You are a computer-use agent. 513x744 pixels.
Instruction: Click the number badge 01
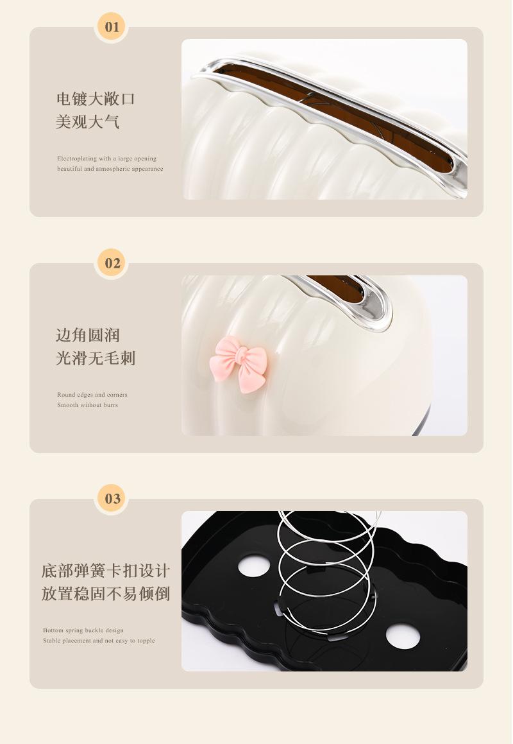(112, 27)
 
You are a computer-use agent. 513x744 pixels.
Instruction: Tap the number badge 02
(112, 263)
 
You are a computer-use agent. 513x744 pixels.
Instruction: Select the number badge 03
(112, 499)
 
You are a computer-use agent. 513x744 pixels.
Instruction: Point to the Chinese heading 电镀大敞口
(96, 99)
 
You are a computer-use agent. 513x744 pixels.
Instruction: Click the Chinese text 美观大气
(87, 121)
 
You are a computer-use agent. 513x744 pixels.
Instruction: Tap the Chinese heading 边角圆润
(87, 335)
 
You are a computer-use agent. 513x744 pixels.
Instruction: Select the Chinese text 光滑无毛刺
(96, 358)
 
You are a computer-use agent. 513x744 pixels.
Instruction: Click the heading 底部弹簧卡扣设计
(106, 571)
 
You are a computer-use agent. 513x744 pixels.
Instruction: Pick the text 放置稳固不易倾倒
(106, 593)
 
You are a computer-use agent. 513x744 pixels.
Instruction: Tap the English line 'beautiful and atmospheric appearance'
(110, 169)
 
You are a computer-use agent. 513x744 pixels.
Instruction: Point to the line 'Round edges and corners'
(92, 395)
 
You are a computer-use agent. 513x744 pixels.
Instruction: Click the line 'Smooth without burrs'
(87, 405)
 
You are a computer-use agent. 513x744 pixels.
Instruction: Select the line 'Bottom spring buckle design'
(83, 630)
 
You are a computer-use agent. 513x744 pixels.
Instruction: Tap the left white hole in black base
(255, 566)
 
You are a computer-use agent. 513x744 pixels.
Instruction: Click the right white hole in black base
(403, 637)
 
